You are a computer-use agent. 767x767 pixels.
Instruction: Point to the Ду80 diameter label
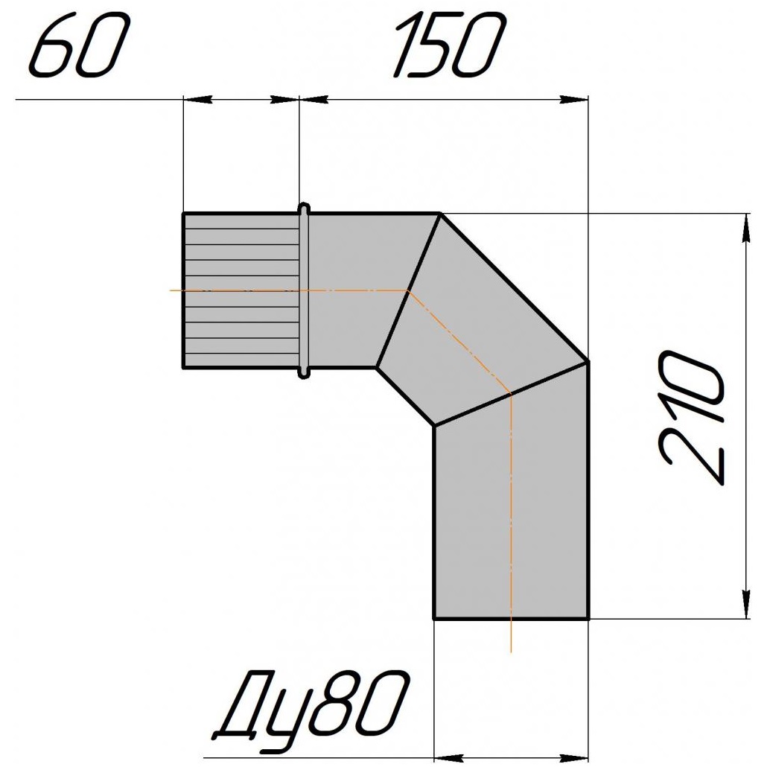click(311, 706)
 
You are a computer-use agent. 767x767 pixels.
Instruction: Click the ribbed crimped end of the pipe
click(241, 290)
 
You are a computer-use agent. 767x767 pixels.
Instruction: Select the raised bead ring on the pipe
click(305, 290)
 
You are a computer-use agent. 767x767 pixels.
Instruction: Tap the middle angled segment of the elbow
click(482, 319)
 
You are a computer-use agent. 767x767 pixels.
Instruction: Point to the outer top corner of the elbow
click(440, 213)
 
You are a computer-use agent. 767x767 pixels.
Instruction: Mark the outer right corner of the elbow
click(588, 363)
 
